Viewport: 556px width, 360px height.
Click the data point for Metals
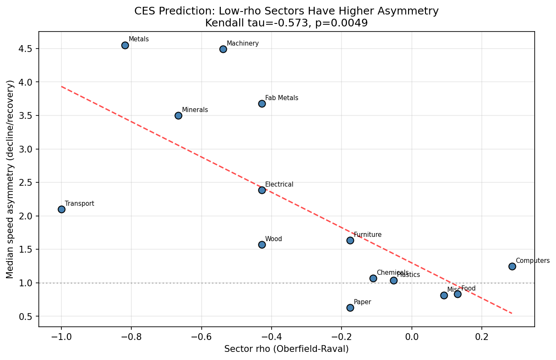tap(125, 45)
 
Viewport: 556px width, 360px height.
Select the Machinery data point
tap(223, 49)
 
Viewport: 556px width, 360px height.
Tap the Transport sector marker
tap(61, 209)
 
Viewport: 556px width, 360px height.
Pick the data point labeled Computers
tap(512, 266)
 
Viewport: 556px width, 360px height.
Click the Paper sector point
tap(350, 308)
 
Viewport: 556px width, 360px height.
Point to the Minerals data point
tap(178, 115)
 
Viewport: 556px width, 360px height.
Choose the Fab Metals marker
tap(262, 104)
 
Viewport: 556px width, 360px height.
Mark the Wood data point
tap(262, 245)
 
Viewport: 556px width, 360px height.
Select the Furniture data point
tap(350, 240)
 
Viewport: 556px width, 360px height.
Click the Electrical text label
tap(279, 184)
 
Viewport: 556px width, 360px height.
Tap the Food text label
tap(468, 288)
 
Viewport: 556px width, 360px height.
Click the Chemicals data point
tap(373, 278)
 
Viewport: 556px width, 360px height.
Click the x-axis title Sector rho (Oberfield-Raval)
tap(287, 349)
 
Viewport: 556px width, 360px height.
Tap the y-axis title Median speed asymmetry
tap(10, 179)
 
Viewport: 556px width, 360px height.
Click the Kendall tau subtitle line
tap(287, 23)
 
